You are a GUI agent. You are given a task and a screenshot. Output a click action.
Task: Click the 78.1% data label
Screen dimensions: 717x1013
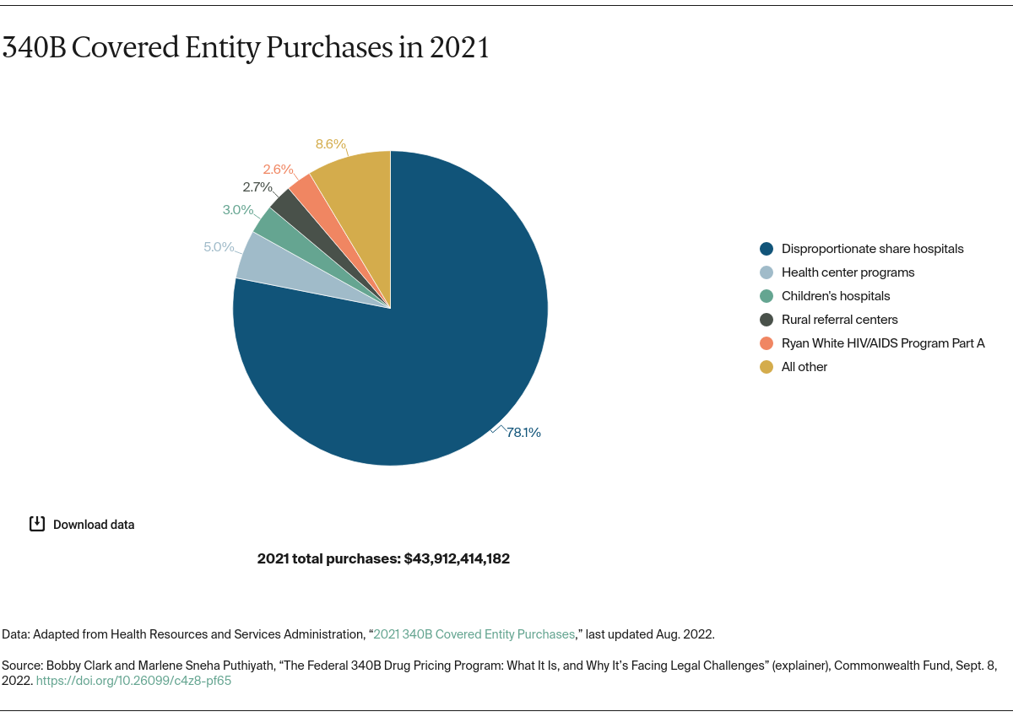coord(523,433)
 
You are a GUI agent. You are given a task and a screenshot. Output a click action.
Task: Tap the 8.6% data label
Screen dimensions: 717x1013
coord(331,144)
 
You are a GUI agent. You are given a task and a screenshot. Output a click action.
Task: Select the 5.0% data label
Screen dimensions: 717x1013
coord(219,247)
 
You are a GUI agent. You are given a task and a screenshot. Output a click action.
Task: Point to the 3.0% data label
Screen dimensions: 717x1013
coord(238,210)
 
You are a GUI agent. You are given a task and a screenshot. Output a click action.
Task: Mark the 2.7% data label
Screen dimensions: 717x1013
coord(257,187)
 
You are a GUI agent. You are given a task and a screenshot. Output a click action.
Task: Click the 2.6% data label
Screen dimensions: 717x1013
coord(278,170)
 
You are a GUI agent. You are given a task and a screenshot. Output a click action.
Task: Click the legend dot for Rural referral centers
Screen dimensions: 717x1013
coord(767,320)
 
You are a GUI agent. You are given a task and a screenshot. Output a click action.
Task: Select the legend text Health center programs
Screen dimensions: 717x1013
coord(848,272)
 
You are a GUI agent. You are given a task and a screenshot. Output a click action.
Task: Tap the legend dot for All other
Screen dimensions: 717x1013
coord(767,367)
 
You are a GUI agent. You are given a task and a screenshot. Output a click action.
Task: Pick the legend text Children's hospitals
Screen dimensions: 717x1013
coord(836,296)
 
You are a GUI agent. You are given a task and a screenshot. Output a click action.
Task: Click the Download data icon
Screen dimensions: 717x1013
coord(37,524)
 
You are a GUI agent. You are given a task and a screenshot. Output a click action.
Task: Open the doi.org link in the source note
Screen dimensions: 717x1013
coord(133,681)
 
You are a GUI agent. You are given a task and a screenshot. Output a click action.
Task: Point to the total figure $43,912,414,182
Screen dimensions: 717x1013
coord(457,558)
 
